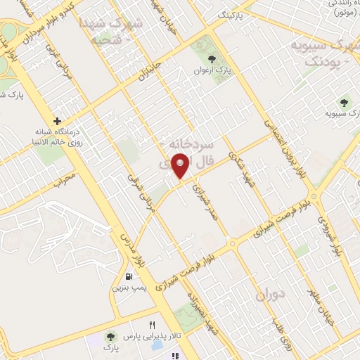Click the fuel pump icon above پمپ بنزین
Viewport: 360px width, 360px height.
(x=128, y=276)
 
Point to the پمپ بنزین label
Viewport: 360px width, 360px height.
(x=128, y=288)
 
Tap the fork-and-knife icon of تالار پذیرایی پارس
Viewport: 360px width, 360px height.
(x=152, y=325)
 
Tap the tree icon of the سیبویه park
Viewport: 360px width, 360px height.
(x=344, y=101)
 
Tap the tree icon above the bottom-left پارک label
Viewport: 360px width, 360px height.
(x=110, y=335)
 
